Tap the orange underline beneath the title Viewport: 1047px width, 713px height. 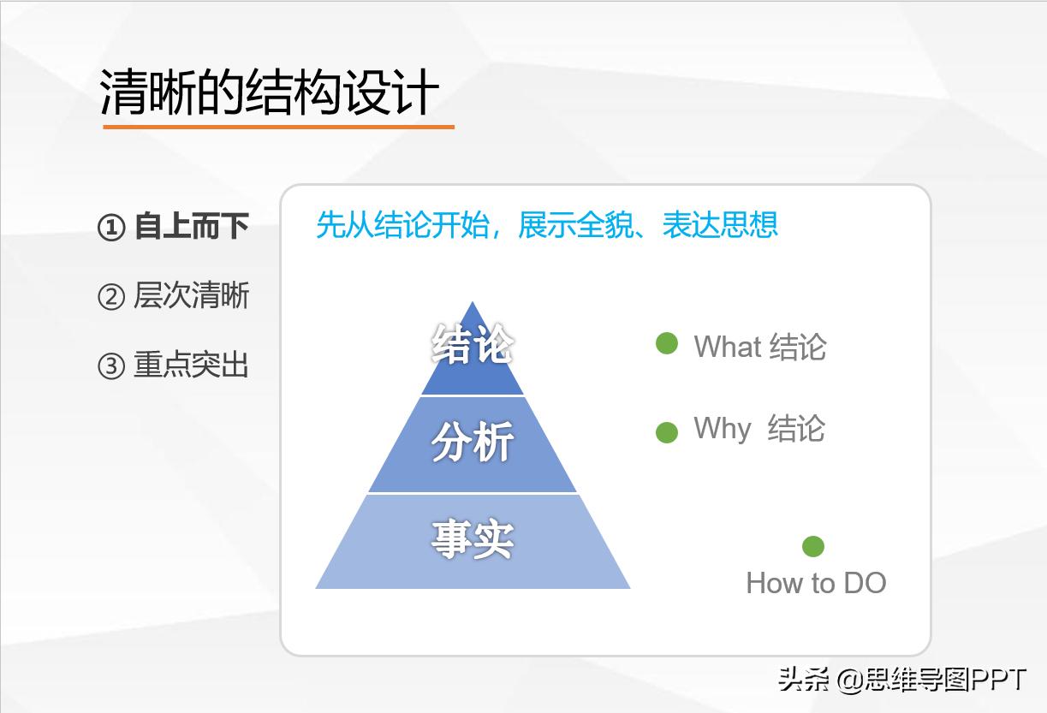278,128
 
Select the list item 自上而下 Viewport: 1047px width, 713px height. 191,227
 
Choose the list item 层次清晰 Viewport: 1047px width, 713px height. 191,296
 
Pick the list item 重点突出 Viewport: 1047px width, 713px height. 191,365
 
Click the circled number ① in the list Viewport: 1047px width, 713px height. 111,229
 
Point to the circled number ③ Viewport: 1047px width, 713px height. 111,366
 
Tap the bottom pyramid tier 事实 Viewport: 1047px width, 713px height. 473,540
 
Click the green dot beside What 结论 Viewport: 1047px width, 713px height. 667,344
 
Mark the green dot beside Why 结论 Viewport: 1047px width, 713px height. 667,432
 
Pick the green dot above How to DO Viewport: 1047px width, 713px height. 813,546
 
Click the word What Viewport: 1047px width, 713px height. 728,347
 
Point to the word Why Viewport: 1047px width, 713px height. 723,428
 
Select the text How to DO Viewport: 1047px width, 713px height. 816,583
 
